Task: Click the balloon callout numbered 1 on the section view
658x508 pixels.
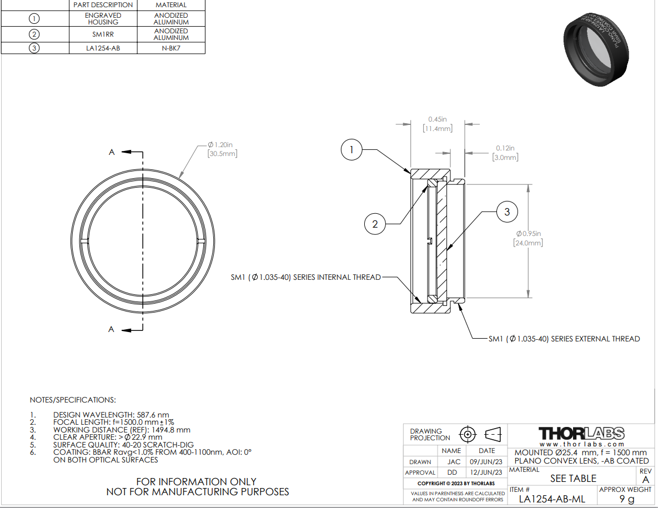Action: pyautogui.click(x=351, y=150)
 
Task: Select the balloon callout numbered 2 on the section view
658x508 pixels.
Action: pyautogui.click(x=375, y=224)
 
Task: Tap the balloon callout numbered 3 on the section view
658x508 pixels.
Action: pyautogui.click(x=506, y=212)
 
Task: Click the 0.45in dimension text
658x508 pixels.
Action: pyautogui.click(x=437, y=119)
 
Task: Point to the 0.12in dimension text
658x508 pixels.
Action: pyautogui.click(x=505, y=148)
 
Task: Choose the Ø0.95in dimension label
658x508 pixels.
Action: pyautogui.click(x=528, y=234)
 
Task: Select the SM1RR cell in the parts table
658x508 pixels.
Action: pyautogui.click(x=103, y=34)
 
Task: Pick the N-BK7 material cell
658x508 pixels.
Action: pyautogui.click(x=171, y=48)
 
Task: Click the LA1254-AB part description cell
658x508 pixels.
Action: pyautogui.click(x=103, y=48)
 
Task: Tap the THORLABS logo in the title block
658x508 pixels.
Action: pyautogui.click(x=582, y=433)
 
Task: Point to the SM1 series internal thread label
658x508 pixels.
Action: pyautogui.click(x=306, y=277)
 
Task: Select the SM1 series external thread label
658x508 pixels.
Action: pyautogui.click(x=564, y=339)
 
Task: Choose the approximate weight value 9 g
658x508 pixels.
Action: pyautogui.click(x=627, y=499)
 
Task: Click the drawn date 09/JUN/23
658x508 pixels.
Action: pyautogui.click(x=487, y=461)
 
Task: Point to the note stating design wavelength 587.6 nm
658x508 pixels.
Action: pyautogui.click(x=111, y=415)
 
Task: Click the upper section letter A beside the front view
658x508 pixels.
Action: pyautogui.click(x=112, y=152)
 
